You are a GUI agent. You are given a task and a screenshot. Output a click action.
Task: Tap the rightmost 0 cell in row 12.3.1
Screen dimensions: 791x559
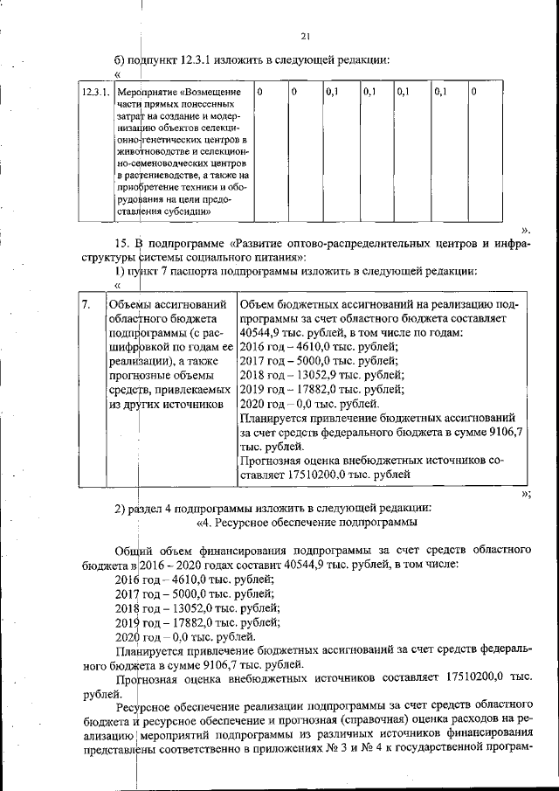[473, 91]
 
